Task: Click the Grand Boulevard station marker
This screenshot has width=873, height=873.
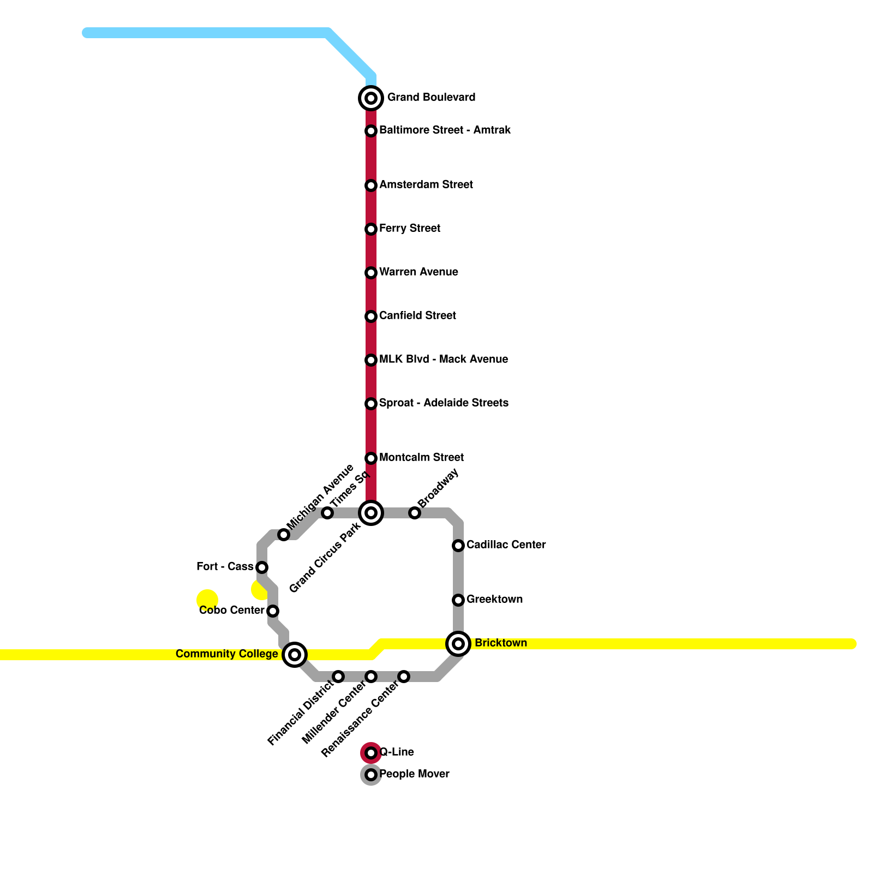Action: coord(371,98)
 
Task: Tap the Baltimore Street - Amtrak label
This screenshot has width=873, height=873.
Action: coord(445,130)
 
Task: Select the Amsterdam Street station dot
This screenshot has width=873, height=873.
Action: coord(371,186)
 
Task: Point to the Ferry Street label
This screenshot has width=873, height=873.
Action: coord(409,229)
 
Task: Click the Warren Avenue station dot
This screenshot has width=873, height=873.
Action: coord(371,273)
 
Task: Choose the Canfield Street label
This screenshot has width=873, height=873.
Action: coord(417,316)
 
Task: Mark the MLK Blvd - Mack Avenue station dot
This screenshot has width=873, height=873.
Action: coord(371,360)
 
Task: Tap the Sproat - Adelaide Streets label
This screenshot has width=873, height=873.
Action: coord(444,403)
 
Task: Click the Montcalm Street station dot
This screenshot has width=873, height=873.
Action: coord(371,458)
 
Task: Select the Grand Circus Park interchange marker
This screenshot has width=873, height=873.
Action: coord(371,513)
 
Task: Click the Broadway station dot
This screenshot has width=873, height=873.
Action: coord(415,513)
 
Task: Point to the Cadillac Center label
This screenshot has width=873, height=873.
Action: coord(506,545)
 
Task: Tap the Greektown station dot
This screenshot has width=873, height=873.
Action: coord(458,600)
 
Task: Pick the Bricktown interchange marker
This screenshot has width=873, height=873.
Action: coord(458,644)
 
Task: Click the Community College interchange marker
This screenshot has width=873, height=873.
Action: coord(295,655)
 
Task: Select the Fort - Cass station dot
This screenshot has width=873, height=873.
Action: coord(262,567)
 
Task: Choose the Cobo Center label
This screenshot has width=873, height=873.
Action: coord(231,611)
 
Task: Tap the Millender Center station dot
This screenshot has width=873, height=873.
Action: coord(371,677)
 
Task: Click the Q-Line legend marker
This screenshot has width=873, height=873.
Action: coord(371,753)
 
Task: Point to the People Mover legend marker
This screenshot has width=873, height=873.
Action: coord(371,775)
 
